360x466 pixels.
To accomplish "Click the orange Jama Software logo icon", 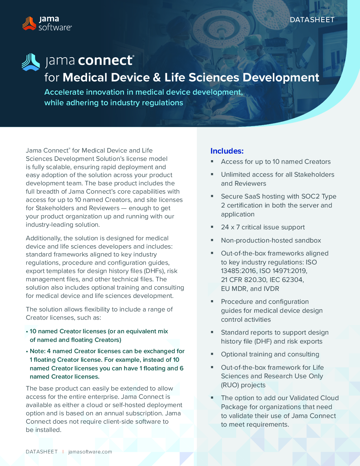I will point(29,23).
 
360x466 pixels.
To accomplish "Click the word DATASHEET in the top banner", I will point(312,20).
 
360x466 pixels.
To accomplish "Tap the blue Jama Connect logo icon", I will point(31,62).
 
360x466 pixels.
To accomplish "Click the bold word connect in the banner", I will point(106,60).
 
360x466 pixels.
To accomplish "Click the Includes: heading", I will point(227,151).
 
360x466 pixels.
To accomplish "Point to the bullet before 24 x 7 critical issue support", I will point(212,227).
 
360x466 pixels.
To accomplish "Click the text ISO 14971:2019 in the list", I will point(283,271).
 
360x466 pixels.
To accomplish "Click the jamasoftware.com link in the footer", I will point(90,452).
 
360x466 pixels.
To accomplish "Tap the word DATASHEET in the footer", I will point(42,452).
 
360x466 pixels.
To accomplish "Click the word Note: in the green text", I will point(37,351).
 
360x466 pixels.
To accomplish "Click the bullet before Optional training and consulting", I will point(212,354).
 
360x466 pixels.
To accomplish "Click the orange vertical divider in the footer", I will point(63,452).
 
